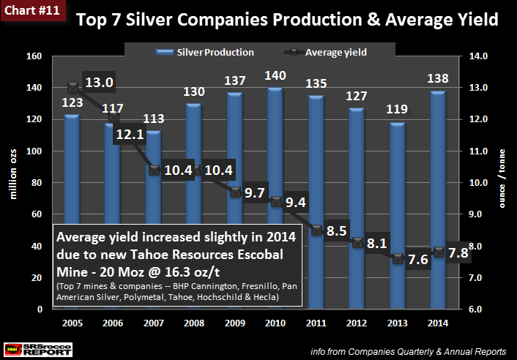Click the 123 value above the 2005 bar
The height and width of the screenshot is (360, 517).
(x=72, y=104)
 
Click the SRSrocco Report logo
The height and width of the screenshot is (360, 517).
(x=37, y=348)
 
